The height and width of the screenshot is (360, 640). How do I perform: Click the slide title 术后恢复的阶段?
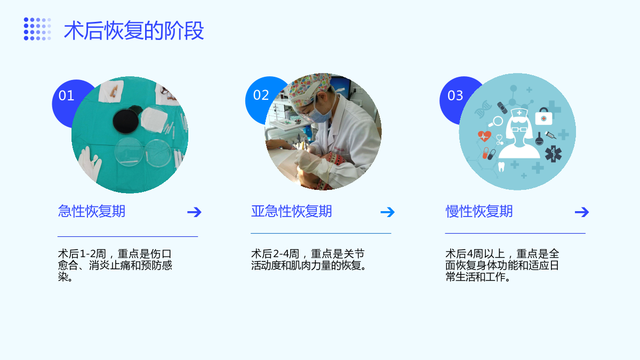point(134,30)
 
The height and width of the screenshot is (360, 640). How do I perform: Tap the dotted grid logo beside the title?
point(37,29)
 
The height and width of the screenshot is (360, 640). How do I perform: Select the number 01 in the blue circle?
point(66,95)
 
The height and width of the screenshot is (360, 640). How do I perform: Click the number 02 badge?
point(261,95)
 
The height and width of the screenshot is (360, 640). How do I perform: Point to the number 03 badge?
point(455,95)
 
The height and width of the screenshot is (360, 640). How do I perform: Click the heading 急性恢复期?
point(91,211)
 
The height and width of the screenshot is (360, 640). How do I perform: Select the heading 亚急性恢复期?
point(291,211)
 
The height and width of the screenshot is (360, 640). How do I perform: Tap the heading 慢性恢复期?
point(479,211)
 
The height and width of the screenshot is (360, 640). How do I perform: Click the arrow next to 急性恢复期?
point(194,212)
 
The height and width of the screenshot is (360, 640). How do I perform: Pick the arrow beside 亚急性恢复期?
point(387,212)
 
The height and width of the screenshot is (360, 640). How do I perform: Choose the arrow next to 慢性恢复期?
point(582,212)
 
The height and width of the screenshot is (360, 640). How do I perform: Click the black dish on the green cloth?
point(126,121)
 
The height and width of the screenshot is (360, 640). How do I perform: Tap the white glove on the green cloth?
point(90,164)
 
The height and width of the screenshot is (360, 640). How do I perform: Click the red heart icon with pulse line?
point(484,137)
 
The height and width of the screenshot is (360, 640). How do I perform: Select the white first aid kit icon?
point(543,116)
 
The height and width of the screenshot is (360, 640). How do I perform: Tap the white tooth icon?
point(501,166)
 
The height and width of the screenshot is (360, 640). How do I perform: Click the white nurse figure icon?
point(519,133)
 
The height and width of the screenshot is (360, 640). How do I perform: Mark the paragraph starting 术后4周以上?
point(502,266)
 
